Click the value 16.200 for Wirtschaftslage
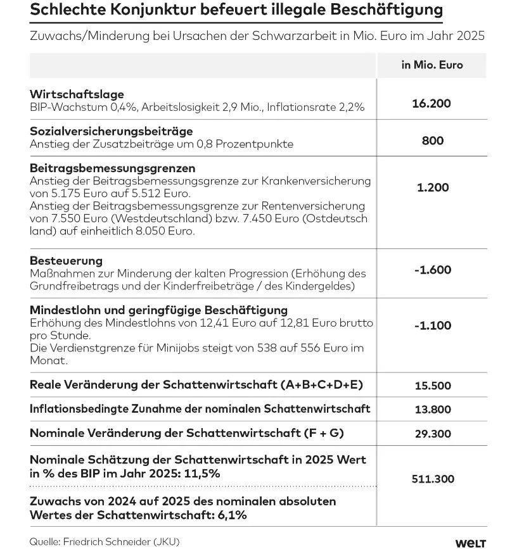tap(433, 103)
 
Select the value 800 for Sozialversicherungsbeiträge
tap(433, 141)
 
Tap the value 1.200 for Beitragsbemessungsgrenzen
tap(433, 187)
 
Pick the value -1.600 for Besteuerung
tap(433, 270)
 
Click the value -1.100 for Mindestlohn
tap(433, 325)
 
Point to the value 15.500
tap(433, 385)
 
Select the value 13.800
tap(433, 410)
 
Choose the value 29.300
tap(433, 434)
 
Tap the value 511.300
tap(433, 479)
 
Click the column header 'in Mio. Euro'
tap(432, 65)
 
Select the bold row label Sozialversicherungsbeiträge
tap(112, 131)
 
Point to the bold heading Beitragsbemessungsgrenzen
tap(113, 168)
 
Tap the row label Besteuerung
tap(66, 261)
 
